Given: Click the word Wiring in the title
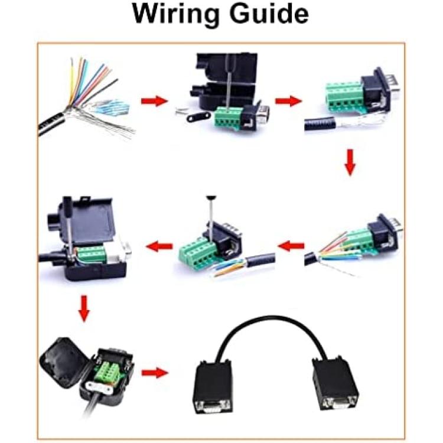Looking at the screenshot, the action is click(175, 15).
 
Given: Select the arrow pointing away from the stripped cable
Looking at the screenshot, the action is click(154, 101).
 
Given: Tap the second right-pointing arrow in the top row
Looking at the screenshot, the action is click(288, 101).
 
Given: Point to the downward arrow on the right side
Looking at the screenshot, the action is click(350, 162).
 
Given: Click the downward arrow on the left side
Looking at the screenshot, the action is click(84, 308).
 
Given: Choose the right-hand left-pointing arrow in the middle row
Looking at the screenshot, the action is click(291, 246).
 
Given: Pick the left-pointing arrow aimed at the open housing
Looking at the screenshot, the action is click(159, 246).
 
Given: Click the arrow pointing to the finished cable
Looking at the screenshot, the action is click(155, 373).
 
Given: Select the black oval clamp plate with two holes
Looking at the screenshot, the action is click(199, 117).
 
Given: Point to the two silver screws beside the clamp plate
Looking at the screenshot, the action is click(180, 110).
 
